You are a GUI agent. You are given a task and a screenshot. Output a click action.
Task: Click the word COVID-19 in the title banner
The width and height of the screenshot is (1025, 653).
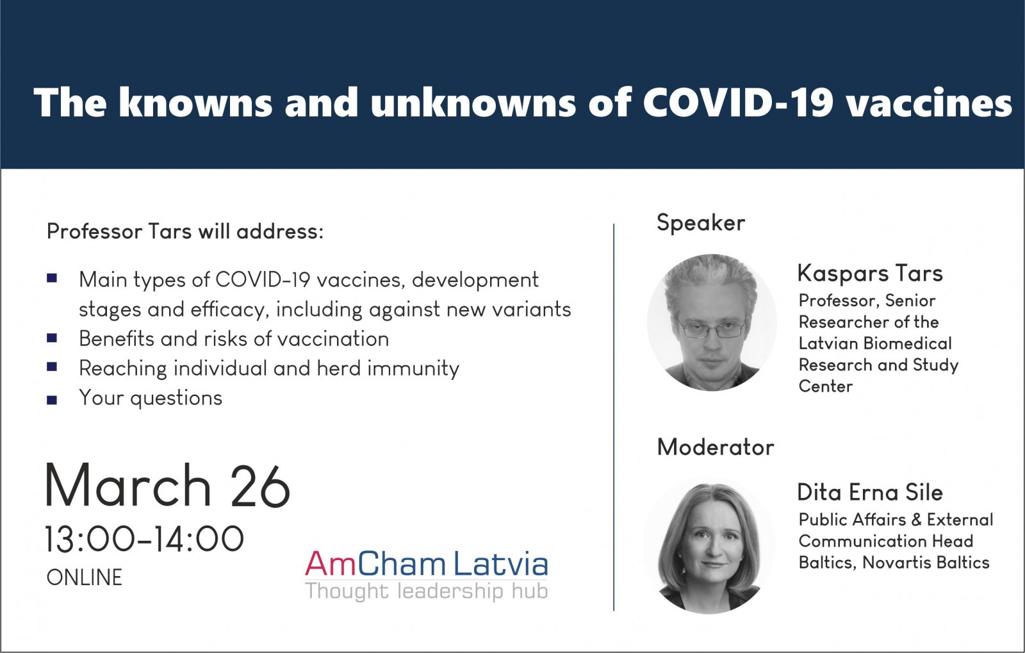tap(738, 102)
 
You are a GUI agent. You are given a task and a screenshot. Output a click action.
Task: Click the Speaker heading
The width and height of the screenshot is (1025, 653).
tap(701, 223)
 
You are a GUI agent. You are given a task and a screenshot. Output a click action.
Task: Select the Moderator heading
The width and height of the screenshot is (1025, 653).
tap(715, 447)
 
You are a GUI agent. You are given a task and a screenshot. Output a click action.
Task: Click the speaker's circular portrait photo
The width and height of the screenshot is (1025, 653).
tap(712, 322)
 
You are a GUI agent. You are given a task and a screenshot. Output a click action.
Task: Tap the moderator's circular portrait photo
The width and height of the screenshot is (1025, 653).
tap(709, 547)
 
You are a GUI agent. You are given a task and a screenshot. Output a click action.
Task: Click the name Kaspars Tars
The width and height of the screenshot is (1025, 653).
tap(870, 274)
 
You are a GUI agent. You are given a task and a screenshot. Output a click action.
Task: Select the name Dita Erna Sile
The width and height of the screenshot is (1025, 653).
tap(870, 492)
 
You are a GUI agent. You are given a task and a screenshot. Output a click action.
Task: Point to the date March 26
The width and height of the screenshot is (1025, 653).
tap(167, 486)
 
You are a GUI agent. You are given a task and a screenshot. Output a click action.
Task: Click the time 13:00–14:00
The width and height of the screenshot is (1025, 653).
tap(144, 540)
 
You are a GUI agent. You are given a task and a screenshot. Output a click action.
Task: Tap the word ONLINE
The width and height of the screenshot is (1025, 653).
tap(84, 577)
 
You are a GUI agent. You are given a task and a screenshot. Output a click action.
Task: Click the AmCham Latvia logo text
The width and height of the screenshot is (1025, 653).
tap(427, 564)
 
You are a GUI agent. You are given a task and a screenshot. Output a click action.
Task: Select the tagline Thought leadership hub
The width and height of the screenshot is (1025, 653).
tap(427, 591)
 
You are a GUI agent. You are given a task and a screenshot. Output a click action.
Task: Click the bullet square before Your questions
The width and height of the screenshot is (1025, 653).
tap(52, 400)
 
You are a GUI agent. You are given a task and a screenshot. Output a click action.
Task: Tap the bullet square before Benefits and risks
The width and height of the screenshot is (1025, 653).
tap(52, 338)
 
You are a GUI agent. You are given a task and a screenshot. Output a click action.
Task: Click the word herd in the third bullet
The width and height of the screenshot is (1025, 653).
tap(339, 368)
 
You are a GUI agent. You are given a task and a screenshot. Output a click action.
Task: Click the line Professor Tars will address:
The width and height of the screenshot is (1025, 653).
tap(185, 231)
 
